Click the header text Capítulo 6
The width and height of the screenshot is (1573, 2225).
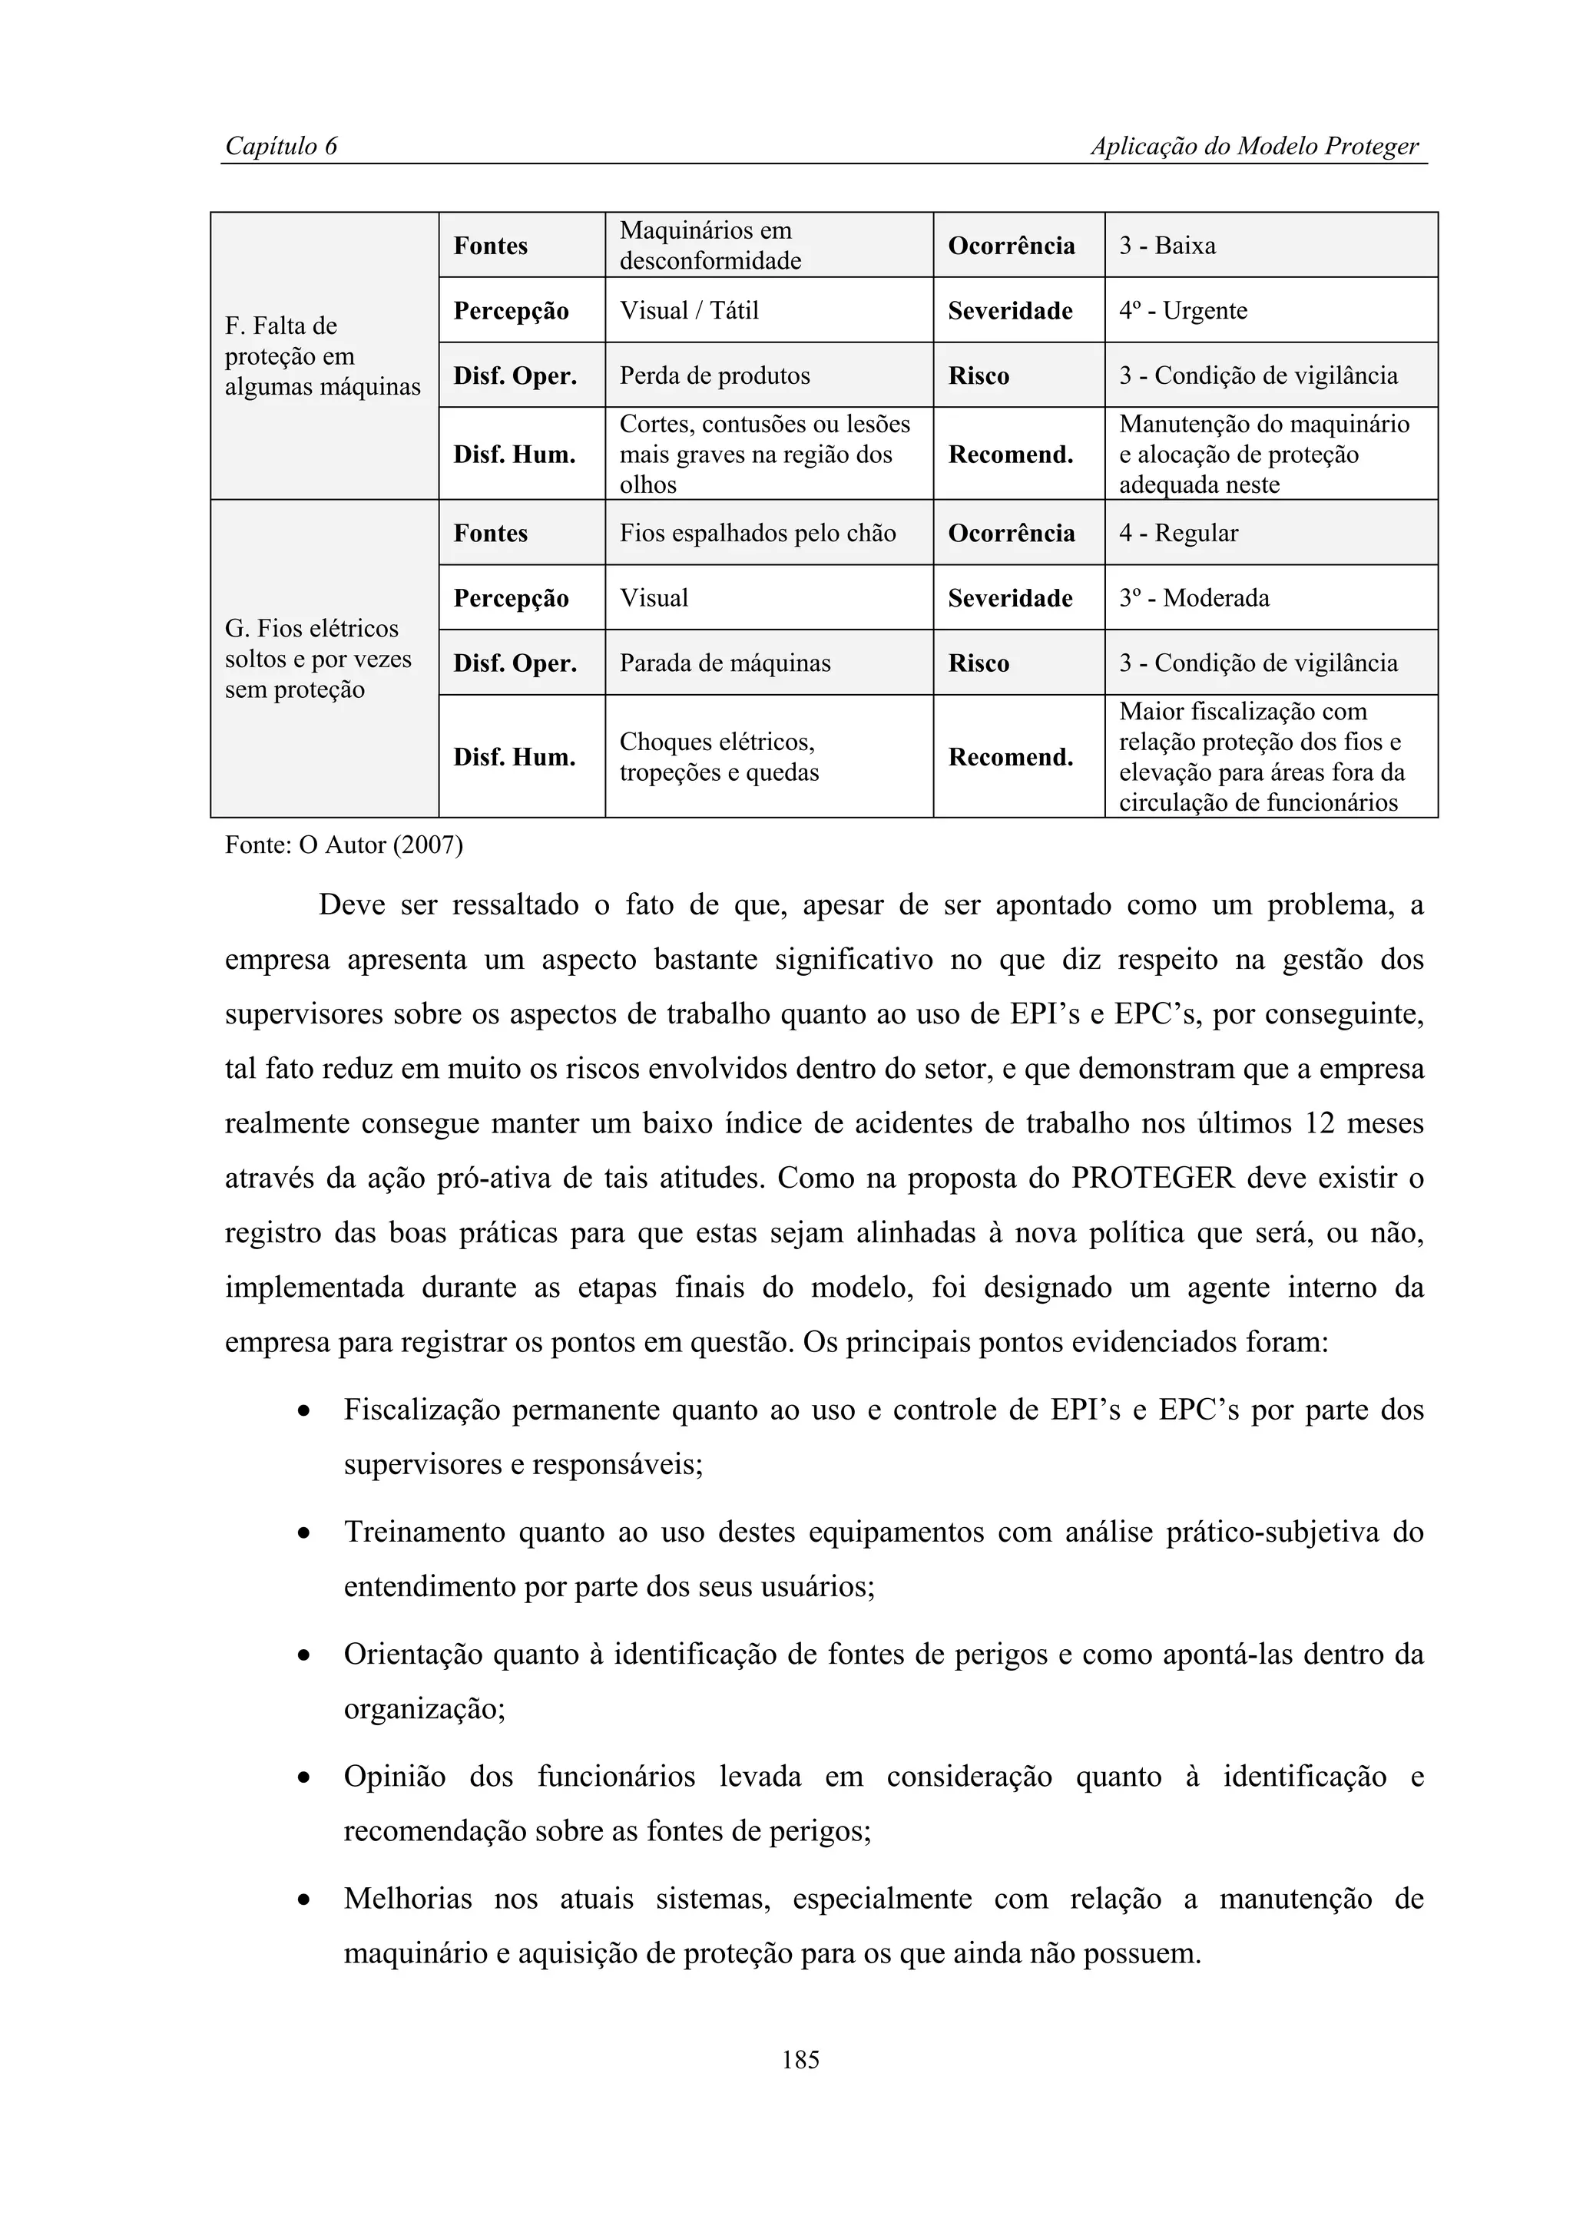(281, 147)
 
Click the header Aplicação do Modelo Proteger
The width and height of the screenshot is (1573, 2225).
(1254, 147)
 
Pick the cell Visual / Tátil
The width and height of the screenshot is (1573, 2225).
(689, 311)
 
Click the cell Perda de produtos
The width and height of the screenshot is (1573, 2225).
(714, 376)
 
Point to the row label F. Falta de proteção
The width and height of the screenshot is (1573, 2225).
(322, 355)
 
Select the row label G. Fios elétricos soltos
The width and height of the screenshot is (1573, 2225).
(318, 659)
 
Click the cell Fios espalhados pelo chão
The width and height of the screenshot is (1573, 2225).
(757, 533)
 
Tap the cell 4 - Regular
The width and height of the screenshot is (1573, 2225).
(1178, 533)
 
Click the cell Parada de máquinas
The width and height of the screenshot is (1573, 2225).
(725, 664)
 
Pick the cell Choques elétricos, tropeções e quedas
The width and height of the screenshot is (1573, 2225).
(718, 757)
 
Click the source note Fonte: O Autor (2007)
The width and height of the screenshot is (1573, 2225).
(344, 845)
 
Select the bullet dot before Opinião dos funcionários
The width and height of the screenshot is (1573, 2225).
(304, 1779)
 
